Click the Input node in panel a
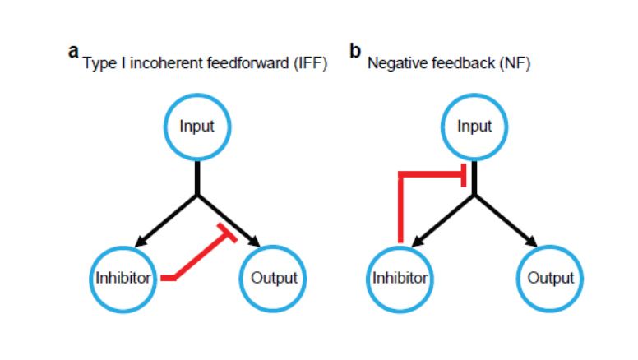click(196, 127)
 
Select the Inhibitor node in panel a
click(123, 278)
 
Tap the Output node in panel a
click(274, 278)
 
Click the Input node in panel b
click(474, 127)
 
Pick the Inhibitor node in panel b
click(400, 278)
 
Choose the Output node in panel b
click(551, 278)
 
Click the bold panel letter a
click(74, 51)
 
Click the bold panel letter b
click(355, 51)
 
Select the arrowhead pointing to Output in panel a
click(256, 242)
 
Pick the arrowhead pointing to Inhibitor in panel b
click(416, 242)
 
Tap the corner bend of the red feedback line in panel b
click(400, 175)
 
